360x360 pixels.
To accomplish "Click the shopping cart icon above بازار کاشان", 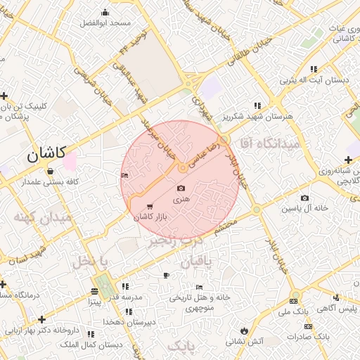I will click(150, 207).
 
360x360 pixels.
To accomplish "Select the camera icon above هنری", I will click(181, 188).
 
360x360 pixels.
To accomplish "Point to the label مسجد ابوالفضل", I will click(105, 23).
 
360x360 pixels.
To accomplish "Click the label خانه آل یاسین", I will click(306, 209).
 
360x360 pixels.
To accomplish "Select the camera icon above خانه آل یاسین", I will click(304, 198).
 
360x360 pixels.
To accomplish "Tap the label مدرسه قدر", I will click(124, 297).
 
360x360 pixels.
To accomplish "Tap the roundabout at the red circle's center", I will click(182, 168).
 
